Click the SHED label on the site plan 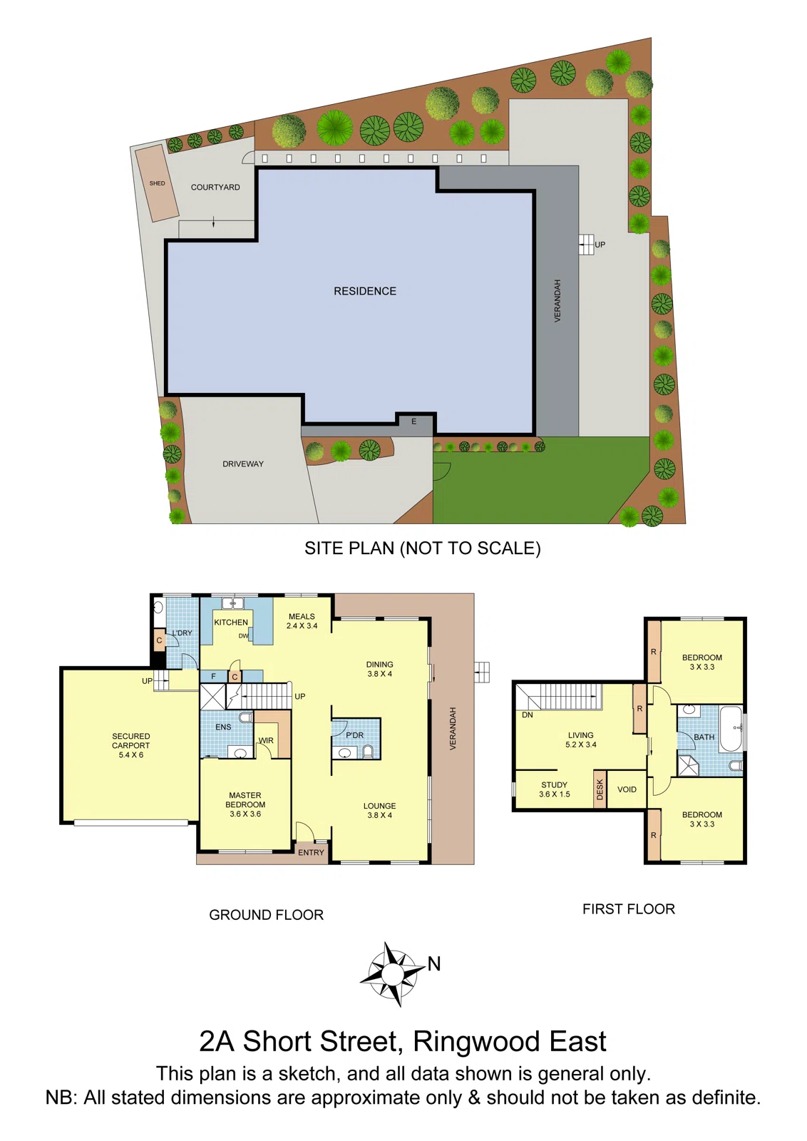pos(157,183)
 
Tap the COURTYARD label pos(215,187)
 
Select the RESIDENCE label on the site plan pos(365,291)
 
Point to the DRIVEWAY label pos(243,464)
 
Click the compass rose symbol pos(392,973)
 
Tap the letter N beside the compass pos(434,964)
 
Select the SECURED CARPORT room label pos(131,745)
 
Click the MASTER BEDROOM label pos(245,804)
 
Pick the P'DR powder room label pos(354,735)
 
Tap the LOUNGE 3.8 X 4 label pos(379,810)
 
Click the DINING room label pos(379,669)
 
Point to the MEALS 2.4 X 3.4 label pos(302,621)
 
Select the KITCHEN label pos(231,623)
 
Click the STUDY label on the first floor pos(554,789)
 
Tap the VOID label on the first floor pos(627,789)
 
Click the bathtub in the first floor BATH pos(731,729)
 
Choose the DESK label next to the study pos(600,789)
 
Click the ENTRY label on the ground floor pos(311,853)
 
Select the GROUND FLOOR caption pos(266,915)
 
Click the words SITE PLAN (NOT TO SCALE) pos(422,548)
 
